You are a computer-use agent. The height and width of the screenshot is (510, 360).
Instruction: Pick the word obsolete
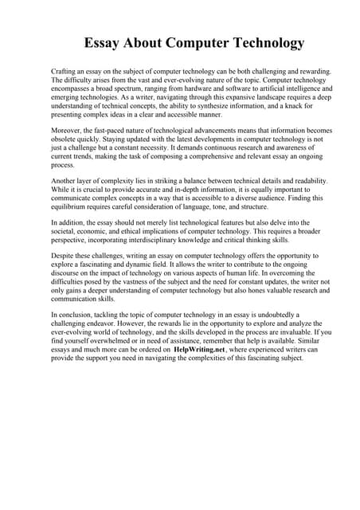pyautogui.click(x=68, y=139)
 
